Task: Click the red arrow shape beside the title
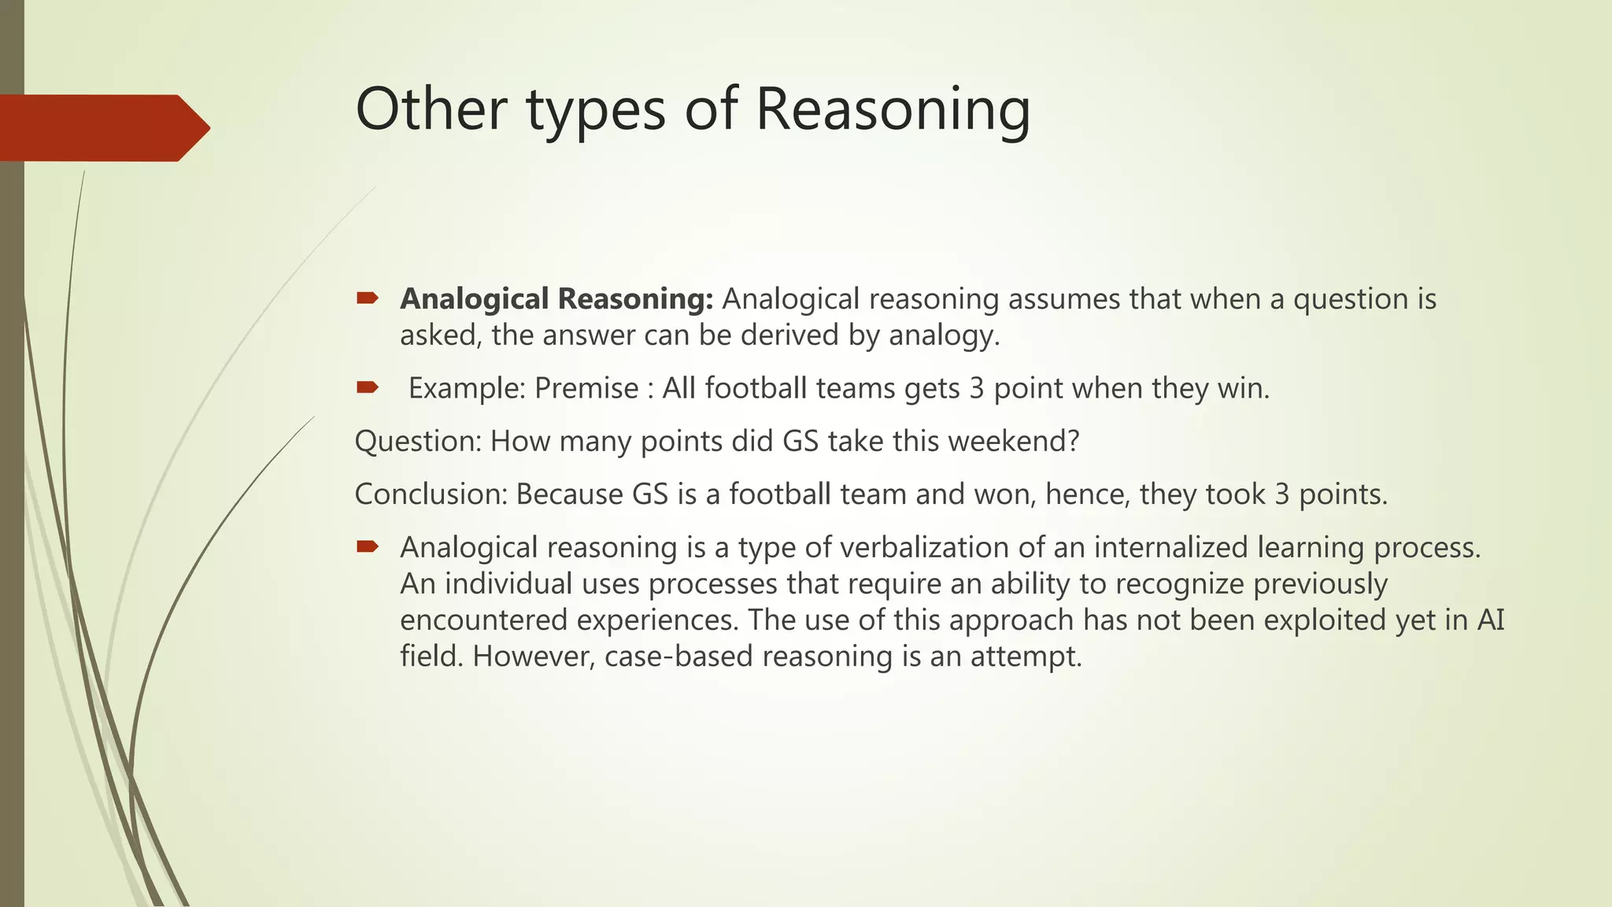pyautogui.click(x=102, y=128)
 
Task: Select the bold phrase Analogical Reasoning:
pyautogui.click(x=556, y=299)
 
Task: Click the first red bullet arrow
pyautogui.click(x=368, y=298)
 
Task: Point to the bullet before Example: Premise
pyautogui.click(x=368, y=387)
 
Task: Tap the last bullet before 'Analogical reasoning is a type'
pyautogui.click(x=368, y=546)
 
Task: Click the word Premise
pyautogui.click(x=586, y=388)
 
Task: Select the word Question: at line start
pyautogui.click(x=418, y=441)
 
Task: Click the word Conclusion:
pyautogui.click(x=431, y=494)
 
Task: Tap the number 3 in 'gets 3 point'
pyautogui.click(x=976, y=388)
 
